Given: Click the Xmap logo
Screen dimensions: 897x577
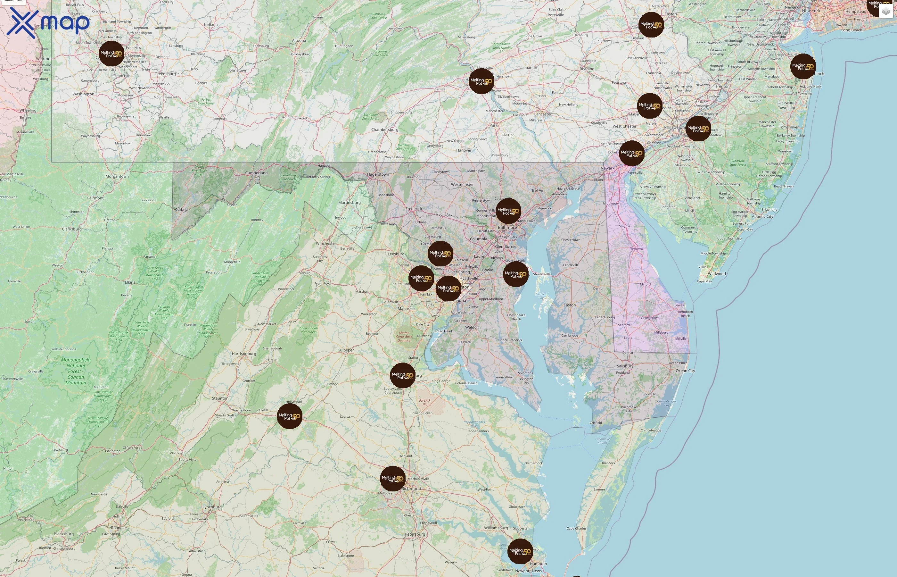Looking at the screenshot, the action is (48, 23).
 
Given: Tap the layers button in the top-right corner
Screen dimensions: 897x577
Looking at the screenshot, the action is (885, 12).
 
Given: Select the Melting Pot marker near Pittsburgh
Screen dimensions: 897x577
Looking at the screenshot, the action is (111, 54).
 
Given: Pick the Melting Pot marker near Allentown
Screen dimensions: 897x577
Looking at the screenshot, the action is (651, 25).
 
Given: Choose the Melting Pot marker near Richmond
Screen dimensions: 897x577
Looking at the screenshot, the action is (393, 479).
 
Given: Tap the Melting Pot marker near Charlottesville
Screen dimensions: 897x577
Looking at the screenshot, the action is (289, 416).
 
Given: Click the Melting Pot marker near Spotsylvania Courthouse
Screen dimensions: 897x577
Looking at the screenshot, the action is (402, 375).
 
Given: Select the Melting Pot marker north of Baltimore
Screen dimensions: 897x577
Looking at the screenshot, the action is (508, 211).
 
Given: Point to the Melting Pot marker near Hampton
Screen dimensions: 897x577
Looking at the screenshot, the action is (520, 552).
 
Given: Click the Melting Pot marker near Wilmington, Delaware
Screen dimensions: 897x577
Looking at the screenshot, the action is (631, 153).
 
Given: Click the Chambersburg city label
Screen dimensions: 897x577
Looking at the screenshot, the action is (384, 130).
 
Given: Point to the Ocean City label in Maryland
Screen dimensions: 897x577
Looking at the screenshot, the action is (685, 371).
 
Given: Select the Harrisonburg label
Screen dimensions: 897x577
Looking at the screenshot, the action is (244, 354).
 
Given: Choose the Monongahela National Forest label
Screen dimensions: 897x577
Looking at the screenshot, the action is (76, 371).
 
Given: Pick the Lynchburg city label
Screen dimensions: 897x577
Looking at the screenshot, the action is (212, 507).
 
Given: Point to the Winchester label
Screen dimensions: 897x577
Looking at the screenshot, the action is (326, 244).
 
